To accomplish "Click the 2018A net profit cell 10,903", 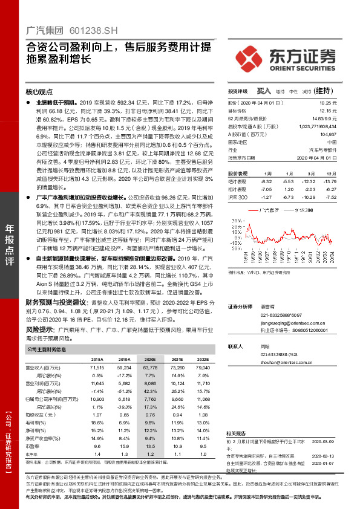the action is point(96,400).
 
